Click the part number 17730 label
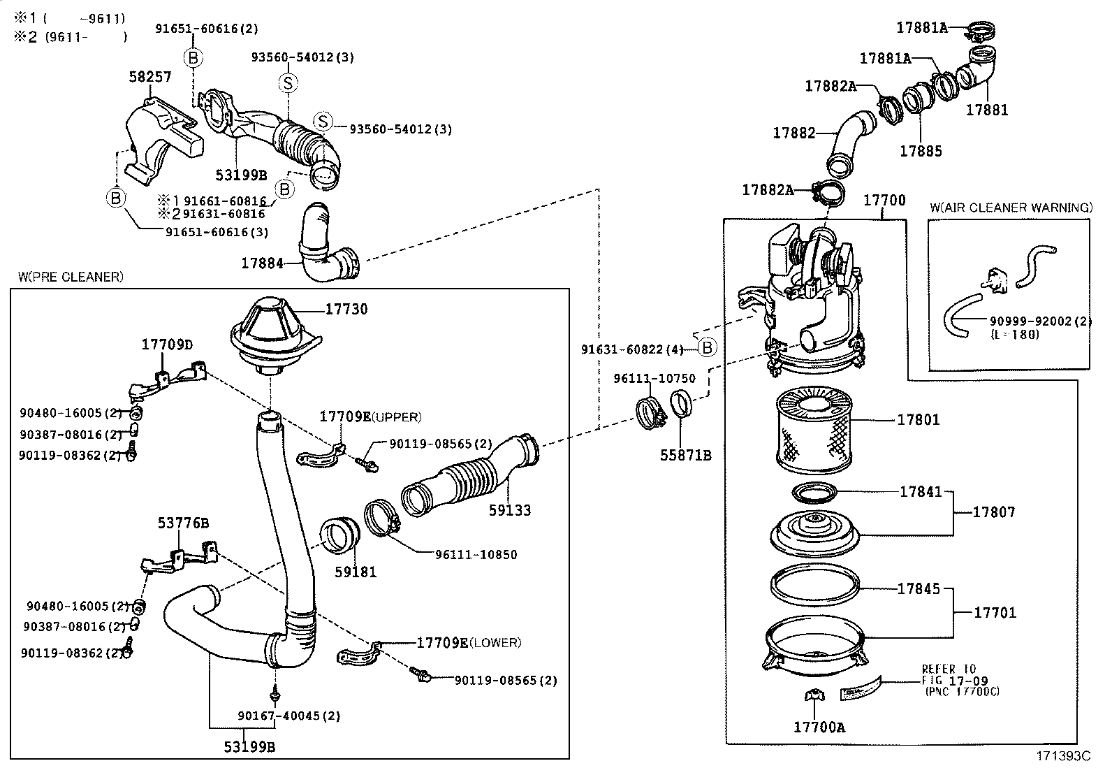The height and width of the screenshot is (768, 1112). point(346,309)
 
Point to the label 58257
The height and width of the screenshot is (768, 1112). point(149,77)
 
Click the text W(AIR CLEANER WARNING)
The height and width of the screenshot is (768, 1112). point(1011,208)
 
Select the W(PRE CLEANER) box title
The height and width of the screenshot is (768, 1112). point(71,277)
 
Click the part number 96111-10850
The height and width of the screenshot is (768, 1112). point(476,555)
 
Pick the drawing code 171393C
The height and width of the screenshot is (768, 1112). point(1062,756)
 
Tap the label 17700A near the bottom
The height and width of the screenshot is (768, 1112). point(819,727)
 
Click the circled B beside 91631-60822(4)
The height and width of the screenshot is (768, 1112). point(707,347)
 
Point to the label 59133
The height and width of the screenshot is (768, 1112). point(509,511)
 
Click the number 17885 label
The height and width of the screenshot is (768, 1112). point(920,151)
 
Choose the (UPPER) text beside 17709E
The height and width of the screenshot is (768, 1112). point(396,417)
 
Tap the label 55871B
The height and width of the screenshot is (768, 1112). point(686,455)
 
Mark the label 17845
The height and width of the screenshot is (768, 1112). point(919,589)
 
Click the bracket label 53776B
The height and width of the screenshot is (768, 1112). point(183,523)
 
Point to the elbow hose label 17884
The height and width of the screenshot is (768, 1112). point(262,263)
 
